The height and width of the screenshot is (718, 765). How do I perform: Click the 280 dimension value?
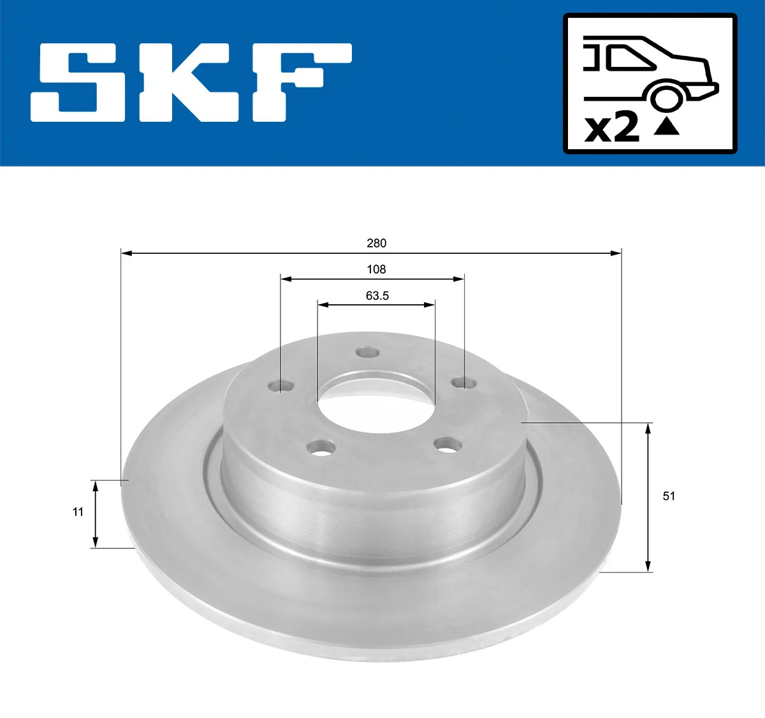pos(376,243)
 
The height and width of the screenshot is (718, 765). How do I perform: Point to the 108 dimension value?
pos(376,269)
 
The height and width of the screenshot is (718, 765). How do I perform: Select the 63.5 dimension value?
pos(377,296)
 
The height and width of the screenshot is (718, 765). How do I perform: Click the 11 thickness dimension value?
pos(78,511)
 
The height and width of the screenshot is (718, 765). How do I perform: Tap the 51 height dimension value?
pos(669,496)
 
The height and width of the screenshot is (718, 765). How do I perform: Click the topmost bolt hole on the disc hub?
pos(368,352)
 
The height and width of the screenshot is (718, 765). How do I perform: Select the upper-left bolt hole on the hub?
pos(280,386)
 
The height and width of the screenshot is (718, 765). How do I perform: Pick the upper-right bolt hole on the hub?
pos(463,383)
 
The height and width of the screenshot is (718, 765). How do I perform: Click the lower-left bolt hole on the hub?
pos(321,448)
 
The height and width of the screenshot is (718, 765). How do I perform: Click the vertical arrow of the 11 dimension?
pos(96,514)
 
